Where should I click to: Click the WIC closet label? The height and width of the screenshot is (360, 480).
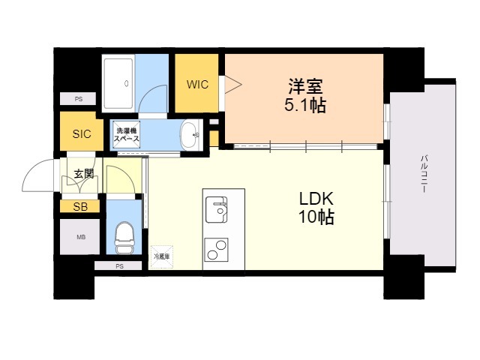pyautogui.click(x=197, y=84)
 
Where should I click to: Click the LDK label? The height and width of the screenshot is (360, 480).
pyautogui.click(x=315, y=199)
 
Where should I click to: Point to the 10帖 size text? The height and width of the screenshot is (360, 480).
pyautogui.click(x=316, y=218)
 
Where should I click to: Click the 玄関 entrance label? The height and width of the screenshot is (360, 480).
pyautogui.click(x=83, y=175)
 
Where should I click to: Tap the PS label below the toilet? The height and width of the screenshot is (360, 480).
pyautogui.click(x=118, y=266)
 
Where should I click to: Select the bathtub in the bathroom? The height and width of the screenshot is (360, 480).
pyautogui.click(x=119, y=82)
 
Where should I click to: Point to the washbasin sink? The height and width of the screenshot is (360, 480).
pyautogui.click(x=192, y=136)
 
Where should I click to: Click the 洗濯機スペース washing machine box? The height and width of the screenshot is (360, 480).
pyautogui.click(x=127, y=136)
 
